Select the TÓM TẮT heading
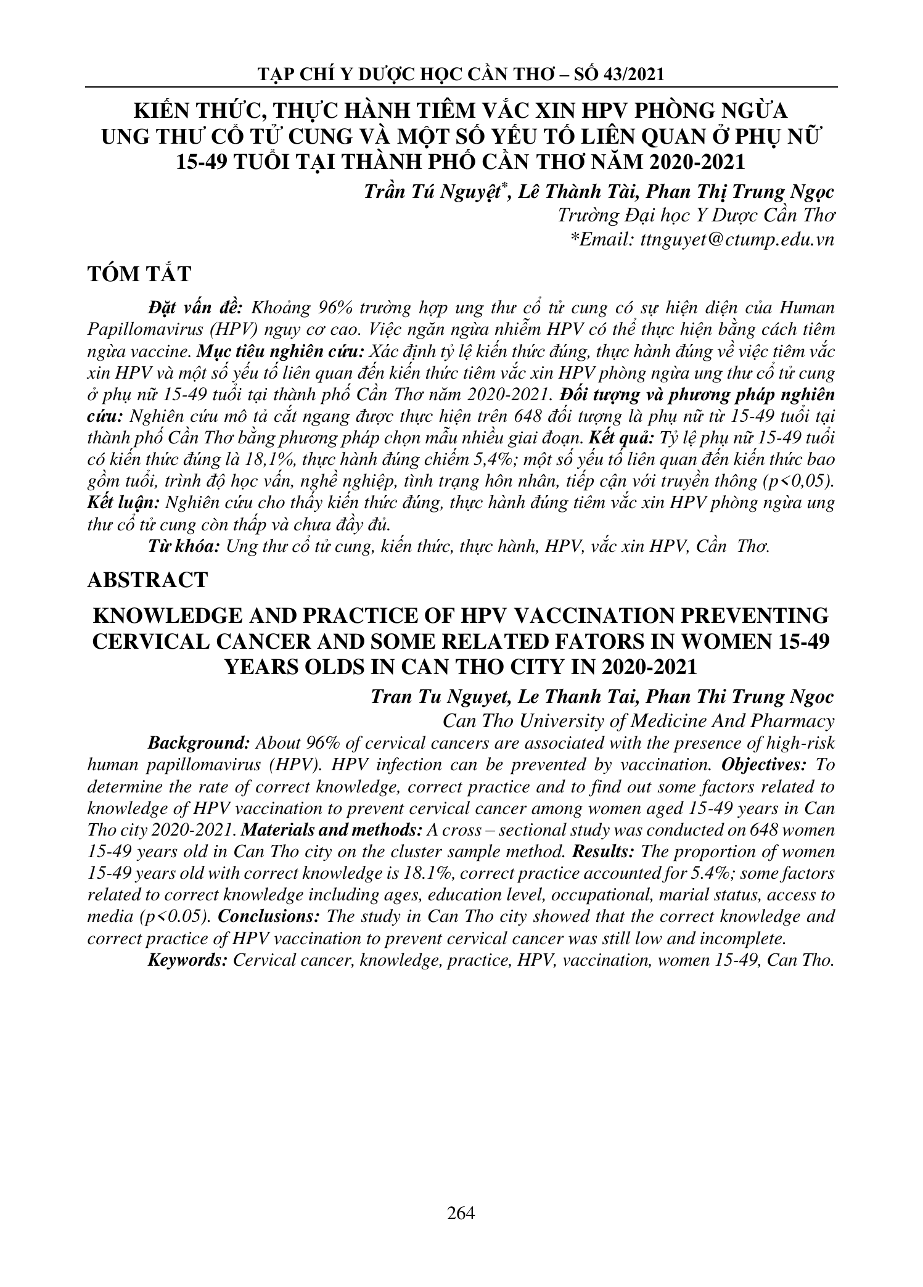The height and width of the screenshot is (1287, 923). click(140, 274)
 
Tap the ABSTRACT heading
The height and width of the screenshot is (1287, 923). click(148, 580)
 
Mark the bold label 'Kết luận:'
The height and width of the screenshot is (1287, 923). click(123, 503)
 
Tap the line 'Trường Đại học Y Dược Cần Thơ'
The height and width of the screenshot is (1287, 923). click(695, 216)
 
